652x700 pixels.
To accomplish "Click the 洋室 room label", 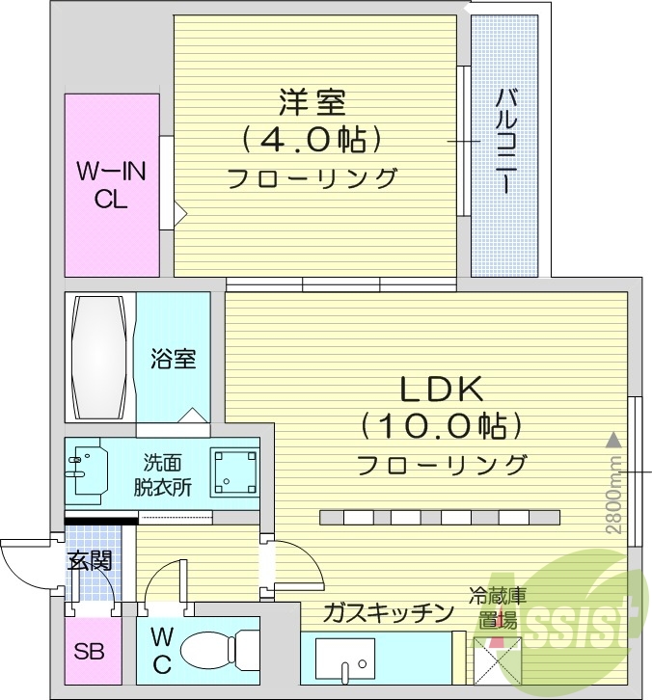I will (x=312, y=100).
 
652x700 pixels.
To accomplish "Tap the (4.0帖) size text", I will (x=312, y=140).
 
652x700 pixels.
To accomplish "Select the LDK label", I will (x=441, y=388).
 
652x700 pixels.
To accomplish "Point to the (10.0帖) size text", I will (x=442, y=424).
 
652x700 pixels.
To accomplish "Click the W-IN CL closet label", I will (x=111, y=186).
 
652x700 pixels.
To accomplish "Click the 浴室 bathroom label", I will (x=173, y=359).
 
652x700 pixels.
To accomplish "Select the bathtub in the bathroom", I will (x=99, y=357).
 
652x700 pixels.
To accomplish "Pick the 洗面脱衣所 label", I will (x=163, y=473).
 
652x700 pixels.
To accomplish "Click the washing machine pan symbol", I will (x=233, y=472).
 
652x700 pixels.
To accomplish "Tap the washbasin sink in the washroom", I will (x=90, y=472).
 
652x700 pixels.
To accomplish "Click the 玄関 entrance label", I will (x=89, y=560).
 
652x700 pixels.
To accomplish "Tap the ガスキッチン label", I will (x=388, y=611).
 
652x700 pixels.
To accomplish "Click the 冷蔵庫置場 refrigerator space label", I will (x=498, y=608).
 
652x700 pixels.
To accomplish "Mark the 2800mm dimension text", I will (x=612, y=501).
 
